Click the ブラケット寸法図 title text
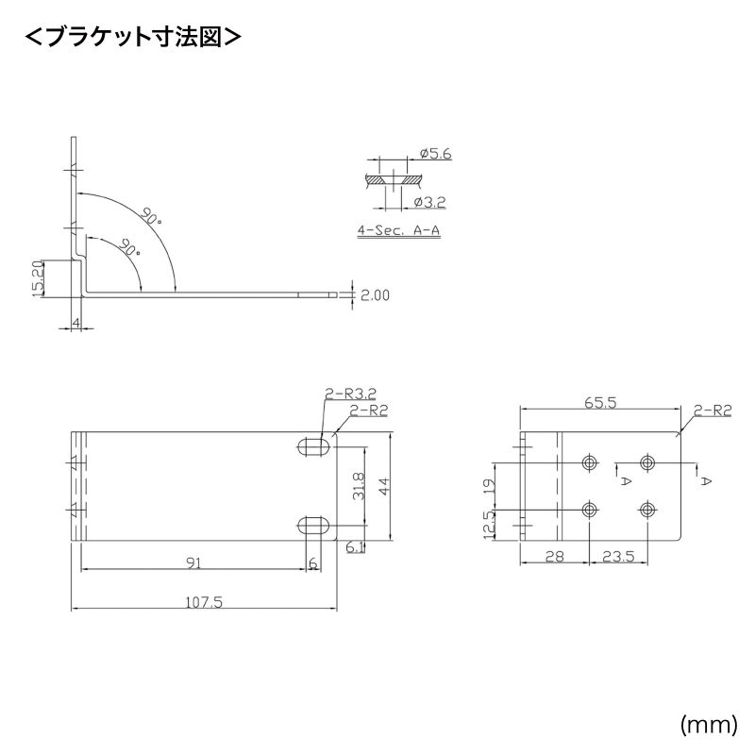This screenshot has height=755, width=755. tap(131, 37)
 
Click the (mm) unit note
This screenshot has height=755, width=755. tap(707, 724)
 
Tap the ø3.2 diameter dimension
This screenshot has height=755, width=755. tap(428, 201)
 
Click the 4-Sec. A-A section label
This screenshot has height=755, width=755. tap(399, 229)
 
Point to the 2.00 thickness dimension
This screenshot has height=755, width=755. tap(375, 295)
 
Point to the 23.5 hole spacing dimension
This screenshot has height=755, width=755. tap(617, 558)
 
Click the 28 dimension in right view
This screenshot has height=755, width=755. tap(554, 558)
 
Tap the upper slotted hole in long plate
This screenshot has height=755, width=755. tap(314, 446)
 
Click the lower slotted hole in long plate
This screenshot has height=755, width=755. tap(314, 524)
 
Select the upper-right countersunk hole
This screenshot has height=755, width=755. tap(647, 462)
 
